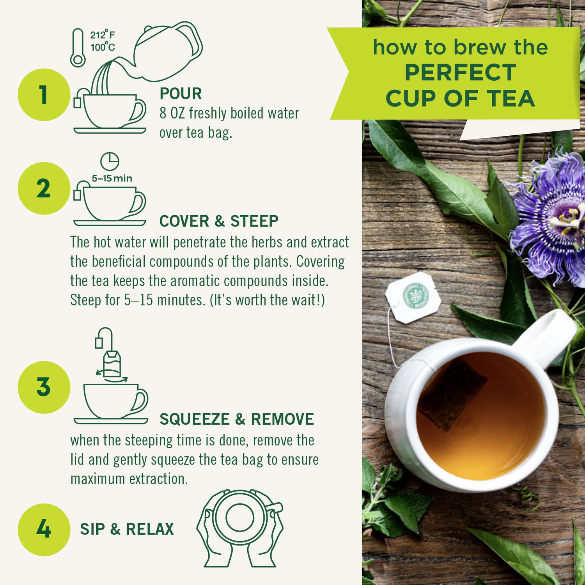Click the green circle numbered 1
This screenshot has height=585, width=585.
coord(44,95)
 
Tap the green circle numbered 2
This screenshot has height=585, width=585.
coord(44,188)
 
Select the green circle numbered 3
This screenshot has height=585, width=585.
coord(44,387)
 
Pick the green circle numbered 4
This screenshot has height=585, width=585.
coord(44,529)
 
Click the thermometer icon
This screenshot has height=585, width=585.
coord(78,48)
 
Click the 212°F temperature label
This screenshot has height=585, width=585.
coord(103,35)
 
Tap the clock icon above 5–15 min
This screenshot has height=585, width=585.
coord(110,161)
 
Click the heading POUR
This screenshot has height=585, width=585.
coord(181,94)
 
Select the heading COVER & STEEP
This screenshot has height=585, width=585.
coord(219,221)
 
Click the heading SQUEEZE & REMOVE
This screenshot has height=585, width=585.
coord(236,419)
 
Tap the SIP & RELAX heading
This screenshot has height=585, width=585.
coord(127,529)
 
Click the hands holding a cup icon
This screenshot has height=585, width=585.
coord(240,528)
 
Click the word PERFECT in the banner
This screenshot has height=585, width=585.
coord(460,73)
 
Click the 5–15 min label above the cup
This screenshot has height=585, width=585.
coord(112,179)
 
